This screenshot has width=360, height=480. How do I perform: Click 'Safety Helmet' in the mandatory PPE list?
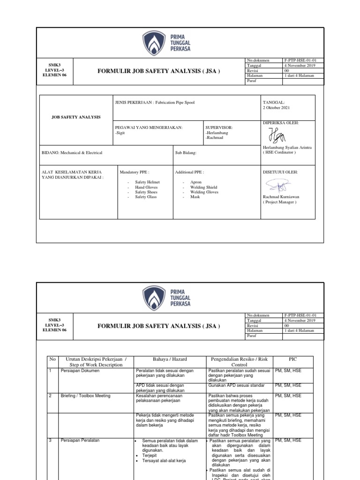point(147,182)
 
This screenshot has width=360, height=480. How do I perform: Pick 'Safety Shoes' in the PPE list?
point(146,192)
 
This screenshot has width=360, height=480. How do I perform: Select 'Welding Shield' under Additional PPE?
point(204,187)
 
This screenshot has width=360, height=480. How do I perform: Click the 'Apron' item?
point(196,182)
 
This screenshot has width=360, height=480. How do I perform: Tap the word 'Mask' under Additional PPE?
point(195,197)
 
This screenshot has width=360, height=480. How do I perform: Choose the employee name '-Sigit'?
point(120,133)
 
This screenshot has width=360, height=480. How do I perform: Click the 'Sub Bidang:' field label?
point(186,153)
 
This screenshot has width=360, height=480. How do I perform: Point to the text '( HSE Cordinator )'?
point(280,152)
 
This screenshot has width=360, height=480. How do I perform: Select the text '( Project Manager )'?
point(280,202)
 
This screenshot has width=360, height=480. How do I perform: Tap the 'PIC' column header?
point(293,359)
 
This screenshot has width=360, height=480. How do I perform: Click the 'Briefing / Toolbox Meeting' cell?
point(85,396)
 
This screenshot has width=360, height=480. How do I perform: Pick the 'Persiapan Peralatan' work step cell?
point(81,441)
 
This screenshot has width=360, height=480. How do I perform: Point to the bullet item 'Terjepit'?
point(150,455)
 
